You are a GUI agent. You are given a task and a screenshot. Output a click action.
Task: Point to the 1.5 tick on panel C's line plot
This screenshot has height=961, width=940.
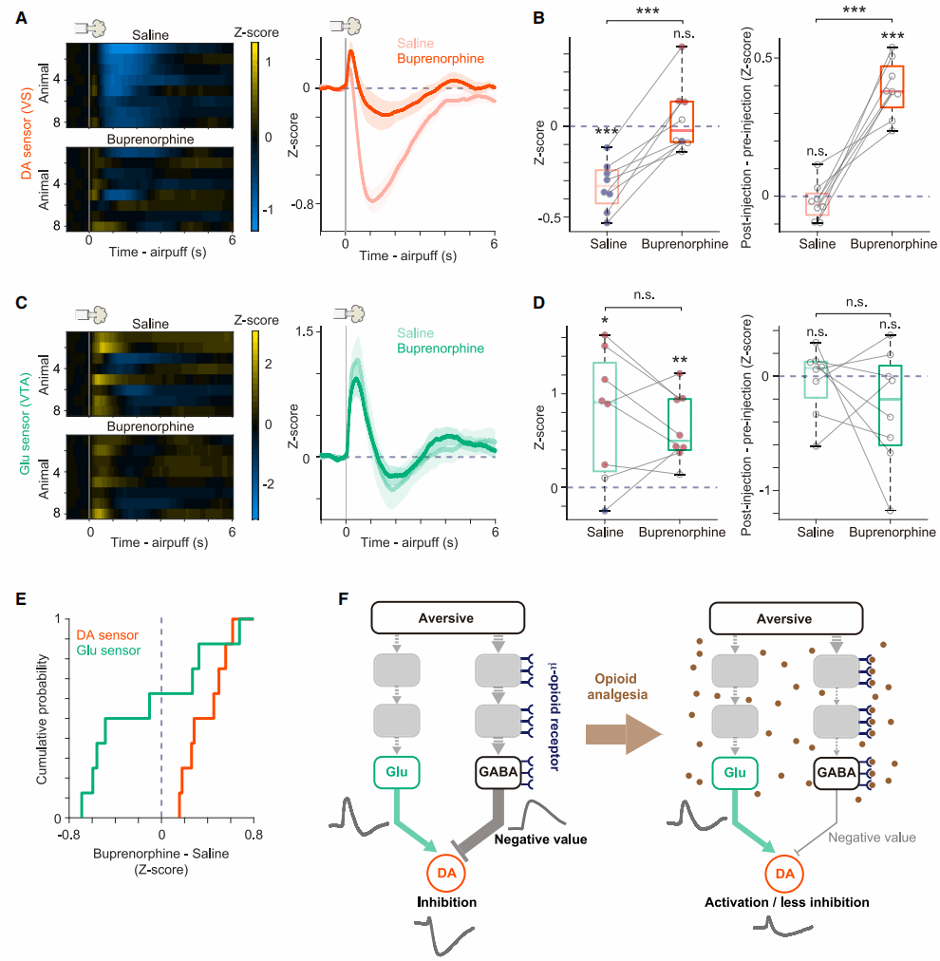point(303,330)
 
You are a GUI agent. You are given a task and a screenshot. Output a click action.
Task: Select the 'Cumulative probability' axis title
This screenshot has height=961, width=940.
point(42,715)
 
